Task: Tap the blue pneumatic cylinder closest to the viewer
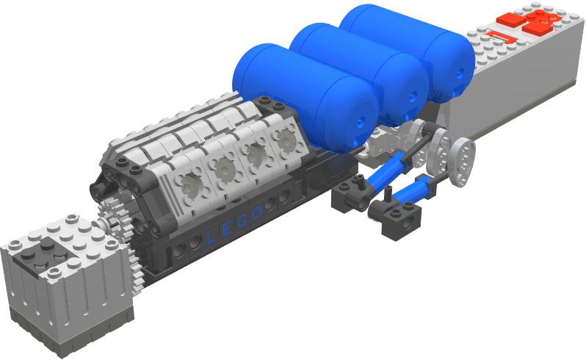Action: point(407,195)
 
